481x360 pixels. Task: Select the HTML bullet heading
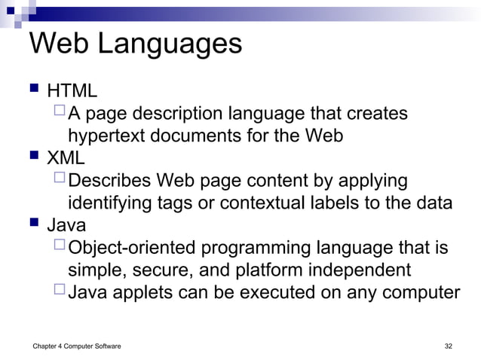(72, 92)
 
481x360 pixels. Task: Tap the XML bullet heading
(66, 159)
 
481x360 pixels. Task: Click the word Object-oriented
(134, 248)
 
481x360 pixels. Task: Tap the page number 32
(449, 346)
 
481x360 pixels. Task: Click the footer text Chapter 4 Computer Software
(69, 346)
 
